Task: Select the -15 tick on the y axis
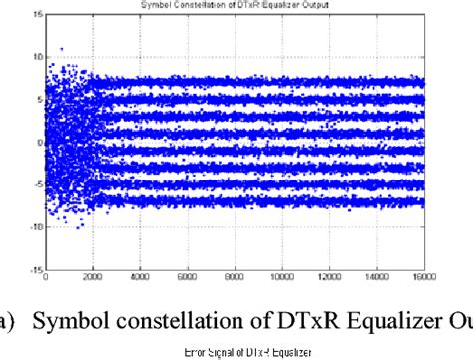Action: (33, 269)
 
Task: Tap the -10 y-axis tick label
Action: (33, 227)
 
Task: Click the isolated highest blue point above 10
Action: (62, 48)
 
